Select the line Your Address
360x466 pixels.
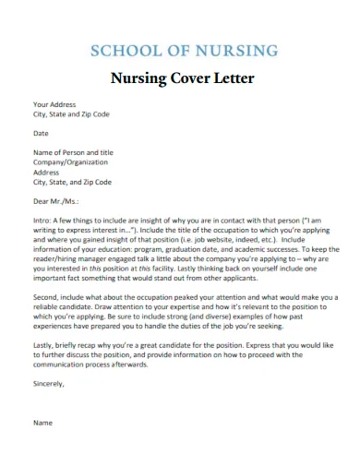click(54, 104)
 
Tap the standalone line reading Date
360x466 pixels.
click(42, 133)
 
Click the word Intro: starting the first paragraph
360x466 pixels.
click(43, 221)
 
